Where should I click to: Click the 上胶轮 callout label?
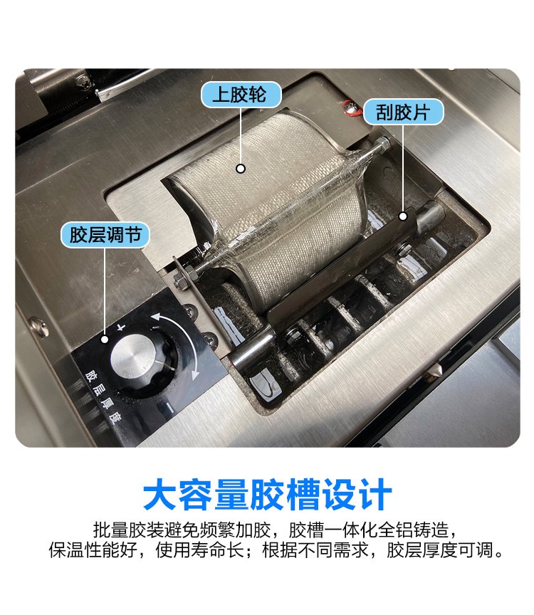pyautogui.click(x=241, y=95)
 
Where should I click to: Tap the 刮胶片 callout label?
pyautogui.click(x=403, y=112)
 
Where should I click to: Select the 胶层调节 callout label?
pyautogui.click(x=105, y=235)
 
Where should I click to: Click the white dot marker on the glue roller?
pyautogui.click(x=241, y=169)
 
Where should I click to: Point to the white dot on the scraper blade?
pyautogui.click(x=403, y=216)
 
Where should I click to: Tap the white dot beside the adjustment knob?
pyautogui.click(x=105, y=340)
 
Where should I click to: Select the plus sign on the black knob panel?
pyautogui.click(x=122, y=327)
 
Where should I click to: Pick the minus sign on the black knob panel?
pyautogui.click(x=169, y=408)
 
